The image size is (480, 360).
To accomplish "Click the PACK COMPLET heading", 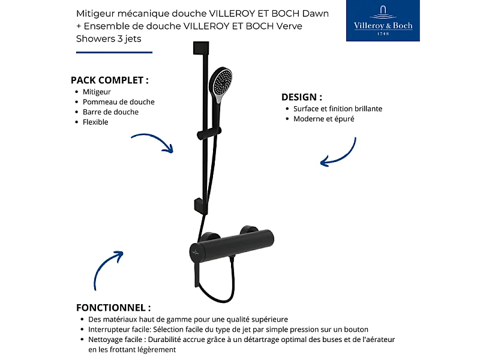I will coord(109,80).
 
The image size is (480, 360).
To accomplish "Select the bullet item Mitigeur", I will coord(97,92).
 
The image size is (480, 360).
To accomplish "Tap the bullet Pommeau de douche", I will coord(118,102).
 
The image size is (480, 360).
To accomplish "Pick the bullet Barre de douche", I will coord(110,112).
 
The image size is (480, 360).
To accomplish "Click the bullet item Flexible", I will coord(95,122).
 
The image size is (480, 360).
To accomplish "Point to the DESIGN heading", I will coord(302,97).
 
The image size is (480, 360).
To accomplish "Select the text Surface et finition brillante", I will coord(338,109).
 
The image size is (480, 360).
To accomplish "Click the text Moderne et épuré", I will coord(323,119).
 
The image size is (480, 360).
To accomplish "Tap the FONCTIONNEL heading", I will coord(113,307).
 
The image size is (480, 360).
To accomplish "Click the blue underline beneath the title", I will coord(114,52).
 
